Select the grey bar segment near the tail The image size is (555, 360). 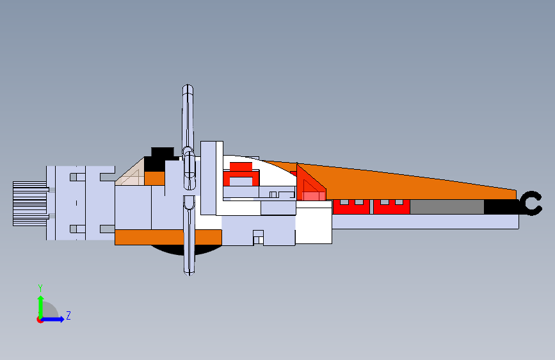click(446, 207)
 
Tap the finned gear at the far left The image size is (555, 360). click(29, 203)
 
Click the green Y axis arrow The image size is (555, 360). click(40, 305)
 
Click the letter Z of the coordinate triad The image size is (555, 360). click(68, 316)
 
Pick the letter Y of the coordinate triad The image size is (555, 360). click(40, 288)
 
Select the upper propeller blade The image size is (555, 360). click(188, 119)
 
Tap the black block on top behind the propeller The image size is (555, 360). click(162, 154)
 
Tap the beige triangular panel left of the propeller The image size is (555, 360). click(131, 175)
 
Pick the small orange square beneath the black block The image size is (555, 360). click(154, 178)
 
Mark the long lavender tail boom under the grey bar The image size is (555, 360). click(426, 222)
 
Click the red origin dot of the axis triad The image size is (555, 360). click(40, 320)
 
